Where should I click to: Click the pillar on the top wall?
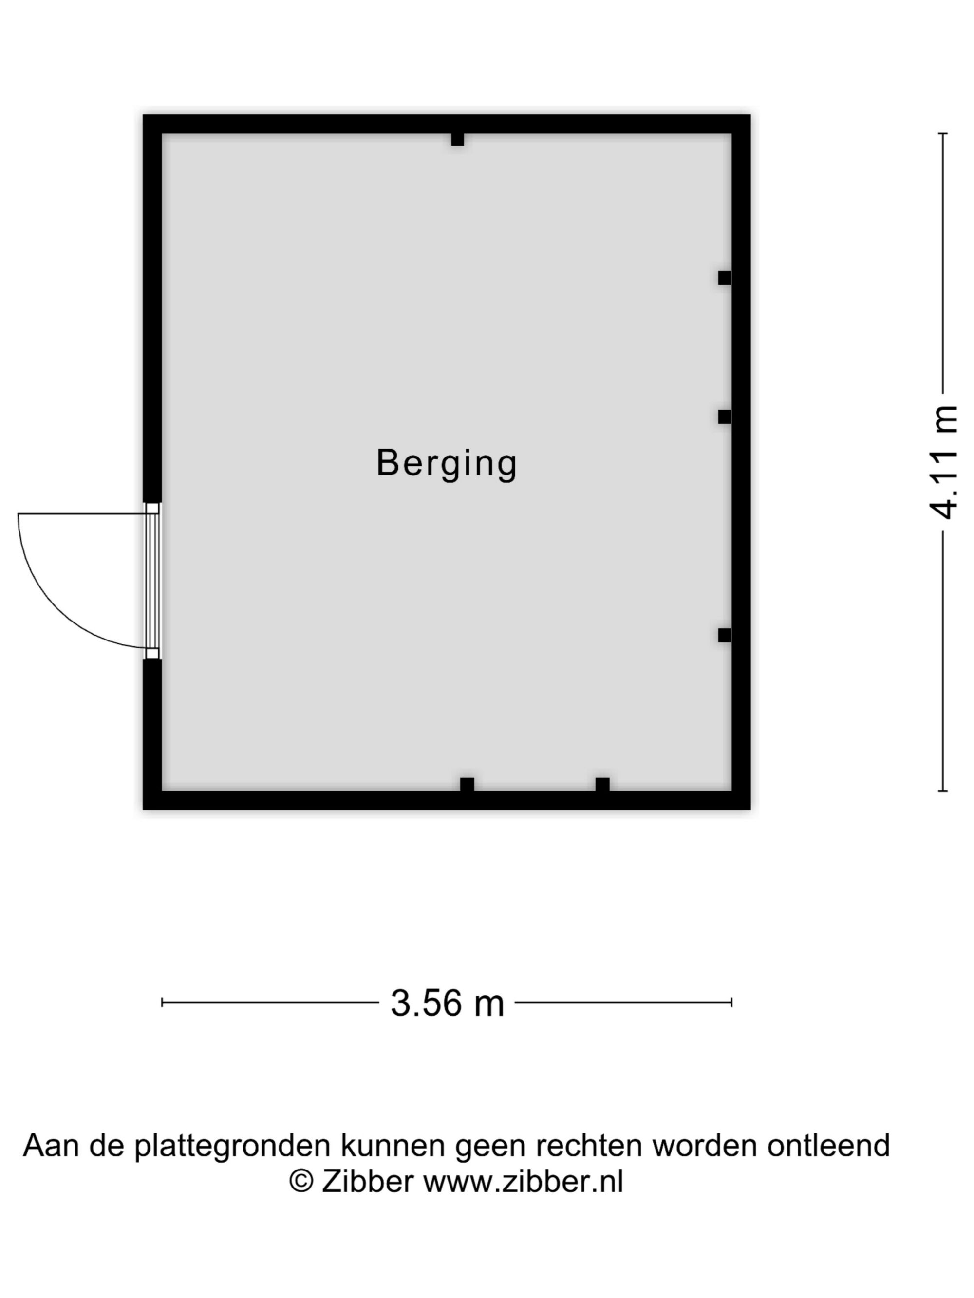point(457,140)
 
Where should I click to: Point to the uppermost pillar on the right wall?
point(725,277)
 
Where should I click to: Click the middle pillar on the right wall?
point(725,417)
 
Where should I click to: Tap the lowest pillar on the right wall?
point(725,635)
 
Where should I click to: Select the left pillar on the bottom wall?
point(467,785)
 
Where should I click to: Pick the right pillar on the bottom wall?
point(602,785)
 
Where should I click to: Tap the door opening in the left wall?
point(152,581)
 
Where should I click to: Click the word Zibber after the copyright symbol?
point(368,1181)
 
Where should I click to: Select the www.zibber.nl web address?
point(523,1181)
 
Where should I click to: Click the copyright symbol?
point(301,1181)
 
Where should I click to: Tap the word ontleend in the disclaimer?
point(828,1146)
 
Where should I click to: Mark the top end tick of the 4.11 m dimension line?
point(943,134)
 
